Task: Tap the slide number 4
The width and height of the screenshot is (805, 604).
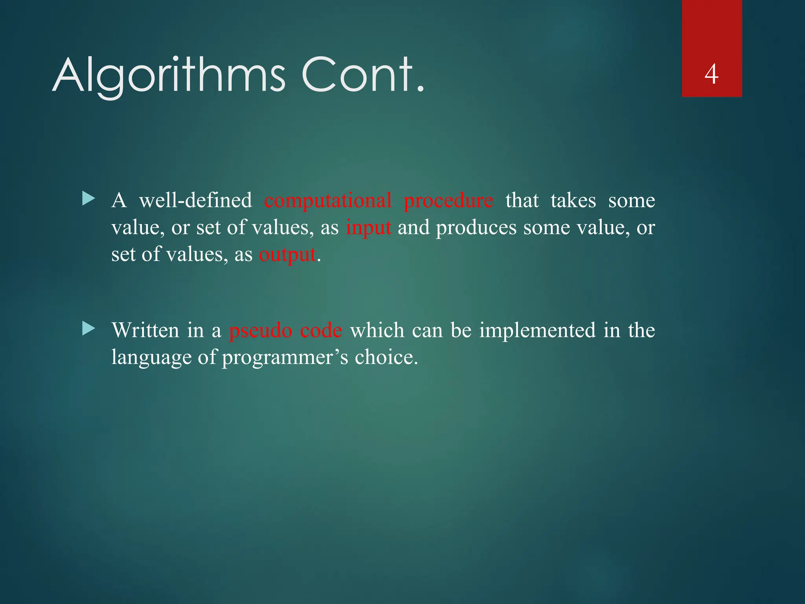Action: [711, 74]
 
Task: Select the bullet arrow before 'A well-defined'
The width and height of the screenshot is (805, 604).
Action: [88, 199]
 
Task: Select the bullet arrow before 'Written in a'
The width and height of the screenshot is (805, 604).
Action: [88, 329]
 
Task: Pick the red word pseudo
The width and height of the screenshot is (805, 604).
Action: [261, 331]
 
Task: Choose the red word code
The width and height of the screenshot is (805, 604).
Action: [321, 331]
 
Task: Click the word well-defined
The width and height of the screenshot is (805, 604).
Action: [195, 201]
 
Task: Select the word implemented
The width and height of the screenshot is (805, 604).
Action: [537, 330]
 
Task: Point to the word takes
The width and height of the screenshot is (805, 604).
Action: [573, 201]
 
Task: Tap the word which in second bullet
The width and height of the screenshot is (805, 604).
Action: [377, 330]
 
